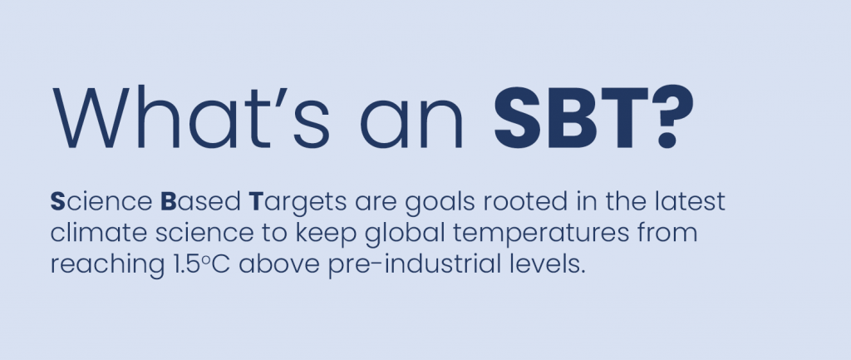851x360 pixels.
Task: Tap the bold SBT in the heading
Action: click(572, 117)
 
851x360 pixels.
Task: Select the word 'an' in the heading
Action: click(411, 126)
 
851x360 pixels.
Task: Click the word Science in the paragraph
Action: click(101, 201)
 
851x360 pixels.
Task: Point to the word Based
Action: click(201, 201)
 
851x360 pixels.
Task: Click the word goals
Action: click(440, 204)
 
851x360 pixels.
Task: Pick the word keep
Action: click(326, 234)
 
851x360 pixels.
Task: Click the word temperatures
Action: click(542, 234)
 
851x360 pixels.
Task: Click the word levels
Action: click(552, 264)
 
